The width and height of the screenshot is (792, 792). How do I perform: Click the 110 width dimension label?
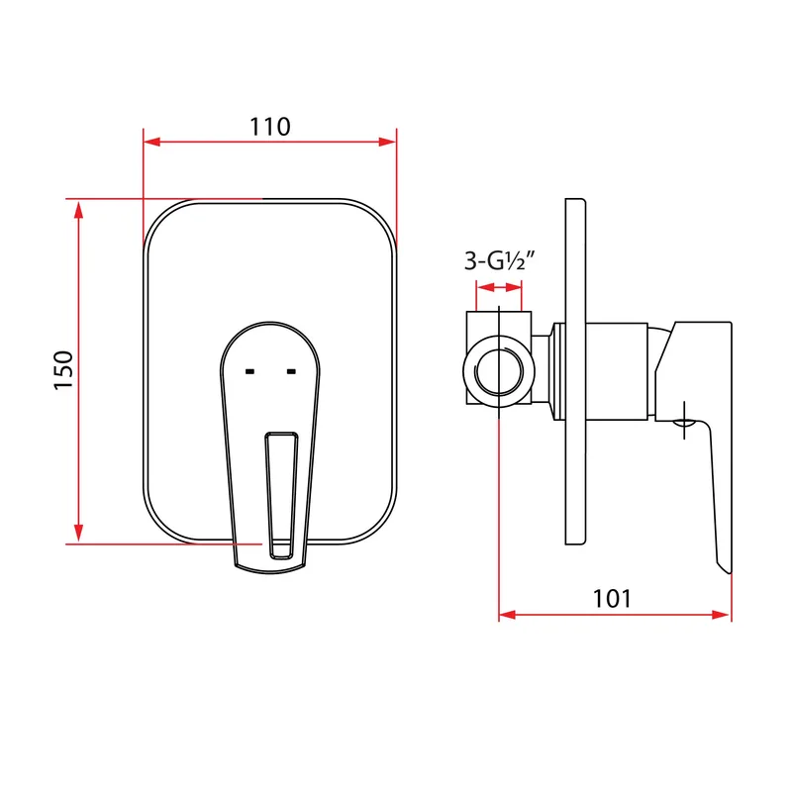(x=270, y=127)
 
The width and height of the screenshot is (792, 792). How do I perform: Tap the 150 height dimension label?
(x=63, y=369)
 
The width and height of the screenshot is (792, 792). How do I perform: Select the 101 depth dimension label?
(x=612, y=599)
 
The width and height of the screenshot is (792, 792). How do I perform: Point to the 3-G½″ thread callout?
(x=499, y=261)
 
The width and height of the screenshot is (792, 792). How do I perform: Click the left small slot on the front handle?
(x=249, y=372)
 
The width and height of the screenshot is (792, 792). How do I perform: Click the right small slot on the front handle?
(x=291, y=372)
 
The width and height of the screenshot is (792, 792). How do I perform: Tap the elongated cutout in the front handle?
(x=281, y=496)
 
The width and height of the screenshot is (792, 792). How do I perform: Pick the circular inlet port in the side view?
(x=499, y=371)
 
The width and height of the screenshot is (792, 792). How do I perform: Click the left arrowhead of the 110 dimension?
(x=151, y=142)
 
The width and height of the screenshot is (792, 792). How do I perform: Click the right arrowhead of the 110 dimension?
(x=388, y=142)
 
